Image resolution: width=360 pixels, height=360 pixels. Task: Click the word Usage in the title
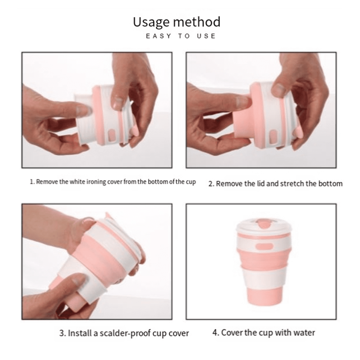152,23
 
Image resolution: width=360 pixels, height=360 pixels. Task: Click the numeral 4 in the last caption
215,332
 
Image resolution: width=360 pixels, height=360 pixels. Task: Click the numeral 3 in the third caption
61,333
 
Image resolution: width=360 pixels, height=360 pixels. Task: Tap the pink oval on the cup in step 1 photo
112,135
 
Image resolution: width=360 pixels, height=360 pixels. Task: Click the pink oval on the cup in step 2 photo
273,136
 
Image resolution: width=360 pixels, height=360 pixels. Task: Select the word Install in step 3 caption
80,333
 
